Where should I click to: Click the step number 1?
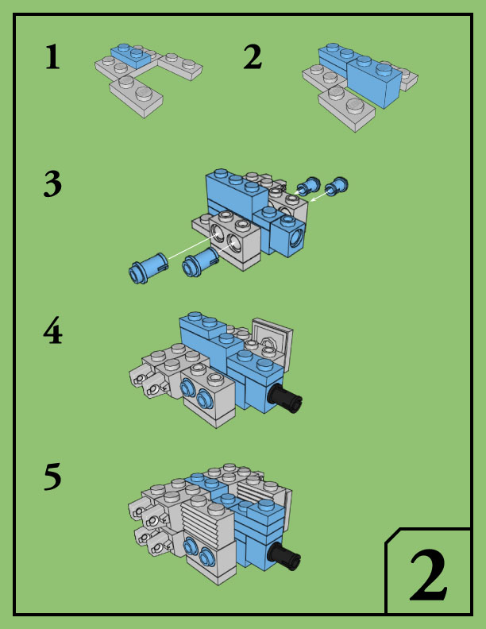tap(52, 56)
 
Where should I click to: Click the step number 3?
tap(52, 183)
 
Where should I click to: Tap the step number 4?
tap(53, 330)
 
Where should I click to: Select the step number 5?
tap(52, 477)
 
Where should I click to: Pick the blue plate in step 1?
tap(131, 56)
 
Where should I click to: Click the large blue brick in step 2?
tap(374, 82)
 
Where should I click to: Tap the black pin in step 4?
tap(286, 398)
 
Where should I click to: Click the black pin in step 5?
tap(284, 557)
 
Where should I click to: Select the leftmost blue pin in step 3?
tap(147, 268)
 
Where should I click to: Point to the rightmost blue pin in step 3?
tap(337, 186)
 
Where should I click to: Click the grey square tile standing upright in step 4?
tap(272, 341)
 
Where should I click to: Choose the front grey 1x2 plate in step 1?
tap(137, 96)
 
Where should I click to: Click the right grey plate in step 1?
tap(180, 66)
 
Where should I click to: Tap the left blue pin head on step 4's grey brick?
tap(186, 388)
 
